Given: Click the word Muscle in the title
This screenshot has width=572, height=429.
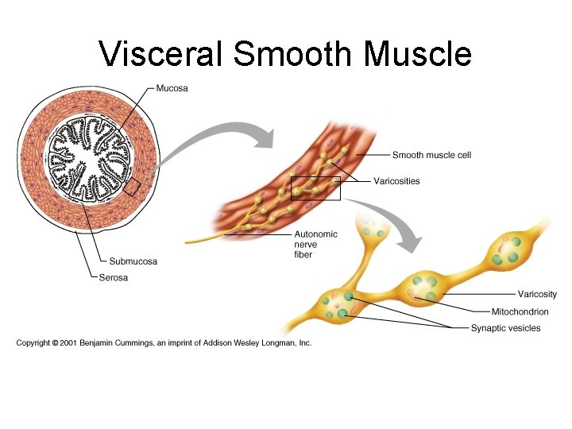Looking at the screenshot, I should [x=418, y=54].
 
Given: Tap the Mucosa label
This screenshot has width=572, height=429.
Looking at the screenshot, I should [x=172, y=88].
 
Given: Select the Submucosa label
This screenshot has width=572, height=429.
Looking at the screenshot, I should [x=133, y=261].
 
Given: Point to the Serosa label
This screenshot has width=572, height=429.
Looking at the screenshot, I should [x=114, y=277].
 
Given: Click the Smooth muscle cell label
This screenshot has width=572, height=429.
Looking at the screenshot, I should [x=431, y=155].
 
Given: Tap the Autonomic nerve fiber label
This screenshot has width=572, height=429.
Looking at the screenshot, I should [x=315, y=244].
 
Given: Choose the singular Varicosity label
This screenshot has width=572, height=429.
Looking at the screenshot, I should [x=537, y=294].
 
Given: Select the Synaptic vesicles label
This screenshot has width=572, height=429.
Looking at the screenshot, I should [x=505, y=328].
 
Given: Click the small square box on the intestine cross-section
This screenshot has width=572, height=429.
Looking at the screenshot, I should [x=132, y=187].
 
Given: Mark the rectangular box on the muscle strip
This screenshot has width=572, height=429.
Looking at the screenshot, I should [x=315, y=188].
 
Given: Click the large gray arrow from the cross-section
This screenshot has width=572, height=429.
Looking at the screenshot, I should [x=214, y=137].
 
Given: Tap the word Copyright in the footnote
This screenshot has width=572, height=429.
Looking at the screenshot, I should [x=33, y=342].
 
